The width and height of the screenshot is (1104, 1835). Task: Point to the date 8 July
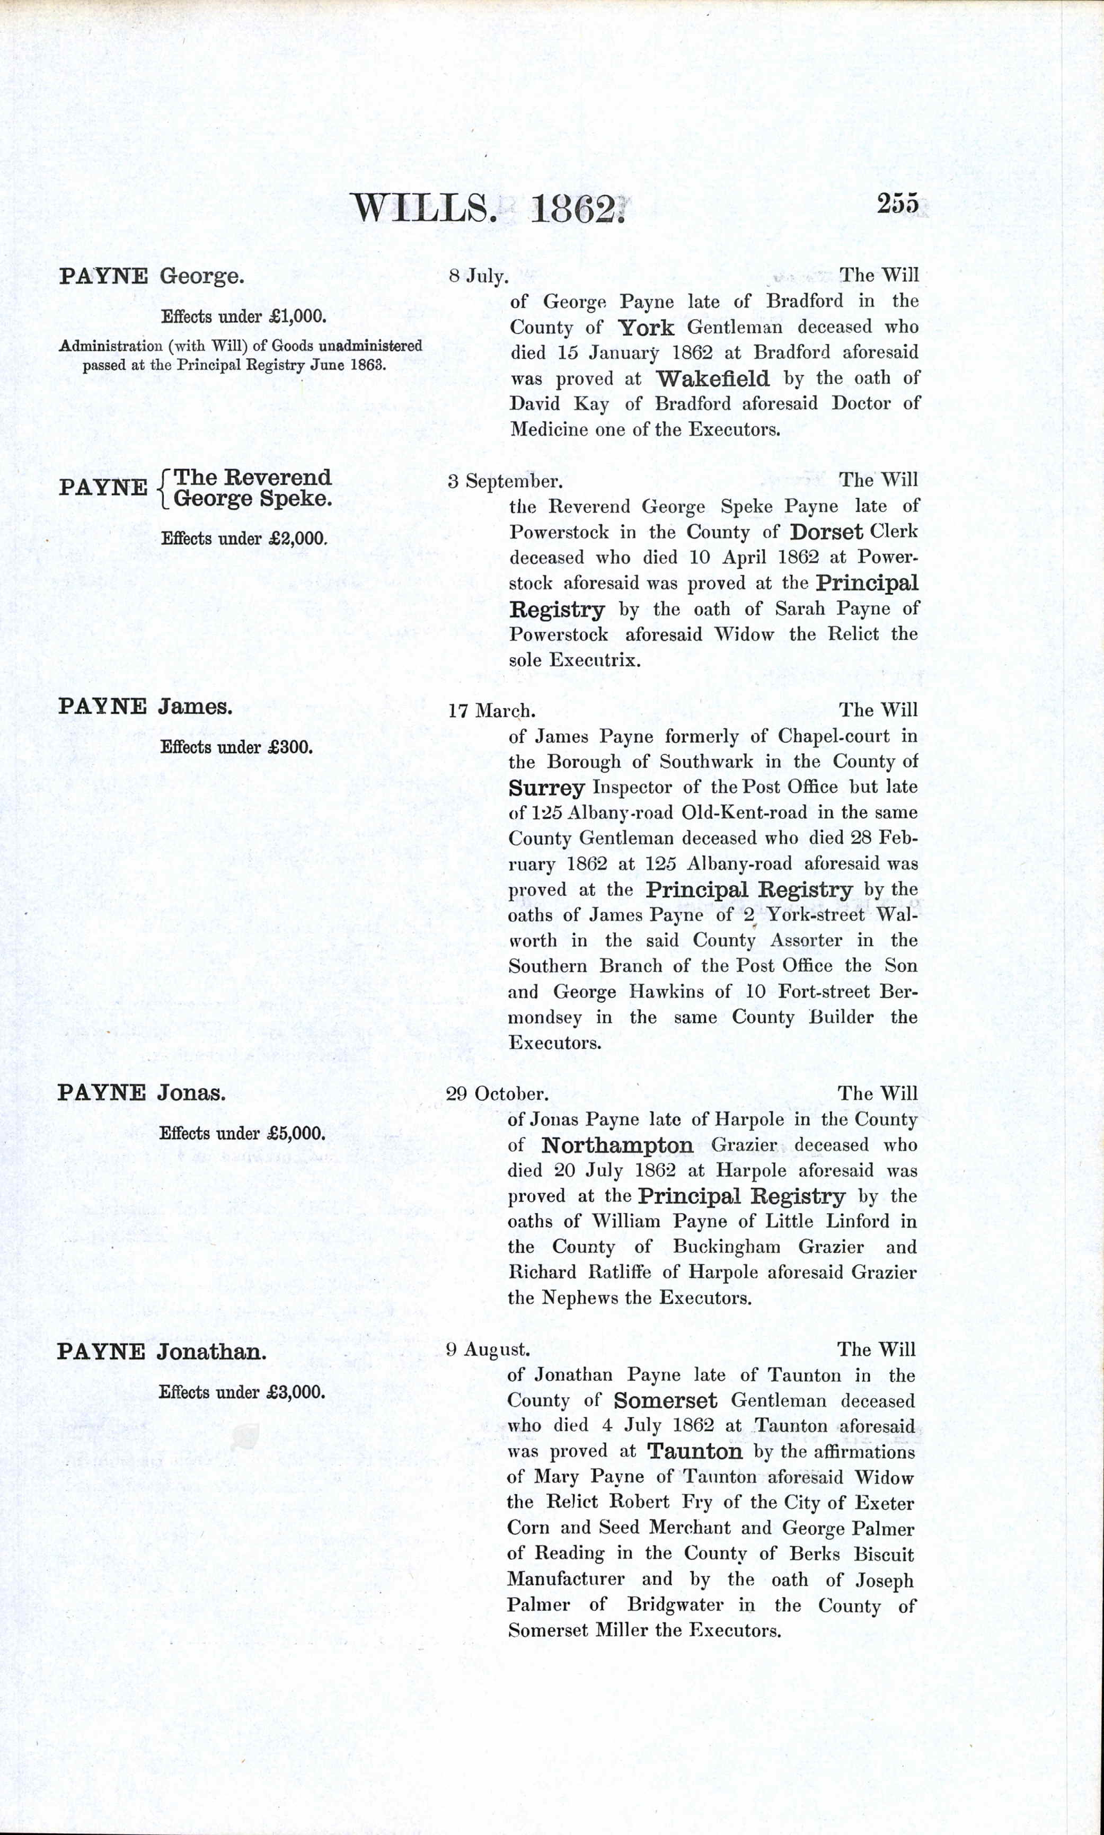(479, 277)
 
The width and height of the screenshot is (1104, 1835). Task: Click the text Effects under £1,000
(244, 316)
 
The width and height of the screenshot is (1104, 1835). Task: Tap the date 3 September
(505, 481)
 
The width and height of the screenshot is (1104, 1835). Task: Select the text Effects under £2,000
(244, 539)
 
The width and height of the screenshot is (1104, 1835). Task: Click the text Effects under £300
(236, 747)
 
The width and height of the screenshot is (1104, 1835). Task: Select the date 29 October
(497, 1094)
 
